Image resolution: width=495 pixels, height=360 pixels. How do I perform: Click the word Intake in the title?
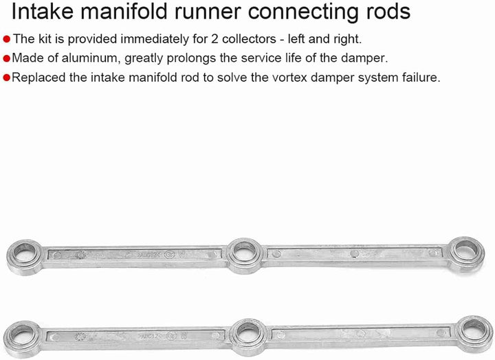[x=43, y=11]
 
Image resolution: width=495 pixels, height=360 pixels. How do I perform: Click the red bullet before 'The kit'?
[x=7, y=39]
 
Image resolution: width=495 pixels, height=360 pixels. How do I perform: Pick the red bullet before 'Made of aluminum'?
[x=7, y=58]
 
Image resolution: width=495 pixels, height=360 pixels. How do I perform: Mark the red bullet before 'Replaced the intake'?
[x=7, y=78]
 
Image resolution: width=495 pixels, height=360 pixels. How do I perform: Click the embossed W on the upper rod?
[x=181, y=254]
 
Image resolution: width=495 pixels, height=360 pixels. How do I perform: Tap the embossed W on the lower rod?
[x=184, y=336]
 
